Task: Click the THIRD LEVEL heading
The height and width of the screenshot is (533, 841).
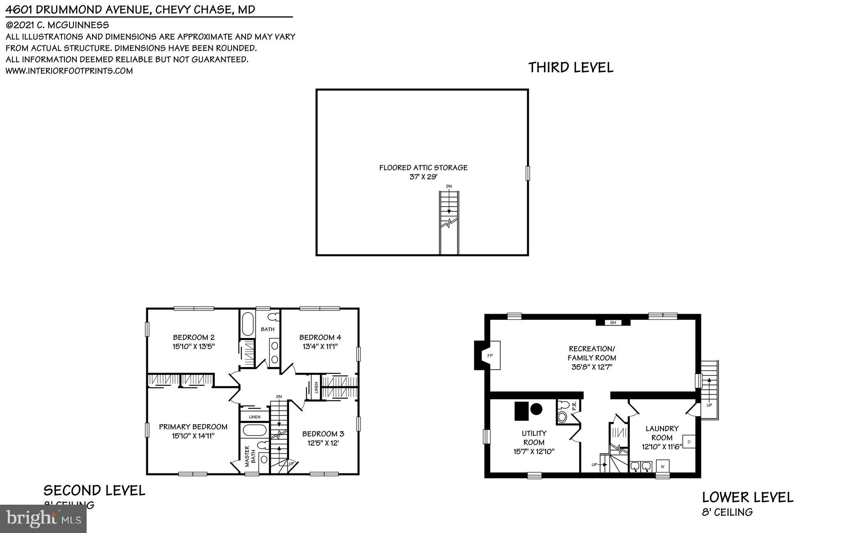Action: click(x=570, y=67)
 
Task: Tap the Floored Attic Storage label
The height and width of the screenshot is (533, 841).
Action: click(x=423, y=168)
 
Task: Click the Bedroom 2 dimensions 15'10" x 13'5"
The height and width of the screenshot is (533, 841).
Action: click(x=193, y=347)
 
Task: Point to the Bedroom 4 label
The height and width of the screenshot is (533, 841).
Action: click(x=320, y=338)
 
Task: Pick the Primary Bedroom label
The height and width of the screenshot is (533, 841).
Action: click(x=193, y=427)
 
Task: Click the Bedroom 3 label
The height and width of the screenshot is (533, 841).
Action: click(x=323, y=434)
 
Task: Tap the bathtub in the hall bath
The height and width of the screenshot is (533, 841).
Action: click(x=248, y=324)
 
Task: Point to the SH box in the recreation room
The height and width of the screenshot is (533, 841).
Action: click(x=613, y=322)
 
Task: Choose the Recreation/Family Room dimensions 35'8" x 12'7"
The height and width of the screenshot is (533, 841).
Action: click(x=592, y=367)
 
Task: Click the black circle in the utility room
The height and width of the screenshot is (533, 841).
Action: click(x=536, y=409)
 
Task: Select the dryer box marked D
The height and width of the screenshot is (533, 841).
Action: click(x=689, y=441)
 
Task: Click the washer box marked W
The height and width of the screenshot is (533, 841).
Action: click(x=662, y=466)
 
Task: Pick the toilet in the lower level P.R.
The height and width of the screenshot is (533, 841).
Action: click(x=562, y=417)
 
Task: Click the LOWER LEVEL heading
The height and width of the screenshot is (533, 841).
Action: click(x=747, y=497)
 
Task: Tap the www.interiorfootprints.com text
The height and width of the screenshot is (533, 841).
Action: click(x=69, y=71)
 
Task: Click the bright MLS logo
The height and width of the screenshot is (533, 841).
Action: click(x=43, y=519)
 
